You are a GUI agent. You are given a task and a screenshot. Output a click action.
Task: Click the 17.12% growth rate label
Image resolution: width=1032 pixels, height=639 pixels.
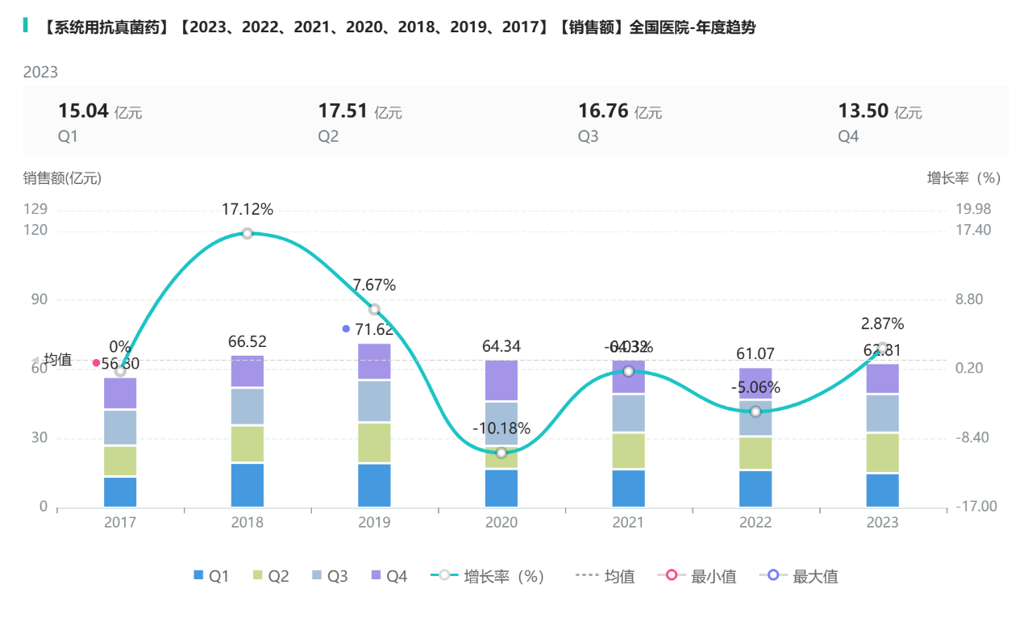pos(248,210)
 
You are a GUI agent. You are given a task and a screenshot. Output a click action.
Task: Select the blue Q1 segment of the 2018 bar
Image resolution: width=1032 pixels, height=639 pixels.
pos(248,485)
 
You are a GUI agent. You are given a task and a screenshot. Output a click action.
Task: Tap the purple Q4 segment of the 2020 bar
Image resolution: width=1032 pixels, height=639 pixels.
pos(501,380)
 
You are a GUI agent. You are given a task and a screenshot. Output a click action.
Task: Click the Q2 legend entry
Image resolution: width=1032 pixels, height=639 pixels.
pos(269,576)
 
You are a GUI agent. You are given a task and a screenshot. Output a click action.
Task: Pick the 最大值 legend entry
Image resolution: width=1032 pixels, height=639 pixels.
pos(799,576)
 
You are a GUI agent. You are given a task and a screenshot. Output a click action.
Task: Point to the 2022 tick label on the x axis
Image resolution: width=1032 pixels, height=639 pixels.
pos(755,523)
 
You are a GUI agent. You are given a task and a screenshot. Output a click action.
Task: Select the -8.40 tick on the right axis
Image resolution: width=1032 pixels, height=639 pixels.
pos(973,438)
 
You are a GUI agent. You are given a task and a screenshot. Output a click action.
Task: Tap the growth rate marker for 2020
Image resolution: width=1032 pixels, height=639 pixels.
pos(501,453)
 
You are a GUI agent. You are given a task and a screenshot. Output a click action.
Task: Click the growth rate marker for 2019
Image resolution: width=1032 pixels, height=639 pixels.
pos(374,309)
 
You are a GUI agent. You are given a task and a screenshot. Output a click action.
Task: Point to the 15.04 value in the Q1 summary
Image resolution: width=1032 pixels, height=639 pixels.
pos(83,111)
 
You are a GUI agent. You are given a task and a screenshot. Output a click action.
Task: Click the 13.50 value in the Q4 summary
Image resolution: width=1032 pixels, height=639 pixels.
pos(863,111)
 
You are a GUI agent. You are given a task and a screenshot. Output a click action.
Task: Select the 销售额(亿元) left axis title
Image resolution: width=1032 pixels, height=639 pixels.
pos(62,178)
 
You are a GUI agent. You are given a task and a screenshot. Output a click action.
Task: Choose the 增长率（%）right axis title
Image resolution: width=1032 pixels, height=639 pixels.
pos(963,178)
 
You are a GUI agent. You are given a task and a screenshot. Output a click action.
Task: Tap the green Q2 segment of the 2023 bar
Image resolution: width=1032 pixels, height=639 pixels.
pos(883,453)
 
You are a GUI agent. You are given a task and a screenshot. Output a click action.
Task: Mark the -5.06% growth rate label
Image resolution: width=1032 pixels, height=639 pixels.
pos(755,387)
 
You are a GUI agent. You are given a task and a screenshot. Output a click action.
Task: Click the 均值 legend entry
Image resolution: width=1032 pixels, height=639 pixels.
pos(605,576)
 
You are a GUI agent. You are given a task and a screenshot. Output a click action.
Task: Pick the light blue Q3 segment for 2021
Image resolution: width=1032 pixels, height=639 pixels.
pos(629,413)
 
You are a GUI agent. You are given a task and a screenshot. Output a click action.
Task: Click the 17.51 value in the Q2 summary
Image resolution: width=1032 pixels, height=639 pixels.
pos(343,111)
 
